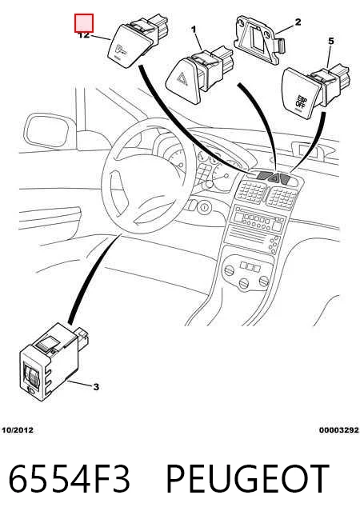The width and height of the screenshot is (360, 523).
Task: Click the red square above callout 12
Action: coord(84,23)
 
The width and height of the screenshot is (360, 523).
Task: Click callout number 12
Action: coord(84,35)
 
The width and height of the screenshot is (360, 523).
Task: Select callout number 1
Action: coord(194,30)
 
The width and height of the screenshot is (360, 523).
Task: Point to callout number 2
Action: coord(298,22)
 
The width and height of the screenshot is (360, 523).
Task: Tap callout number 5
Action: coord(330,42)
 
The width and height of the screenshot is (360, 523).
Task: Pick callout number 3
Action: coord(96,387)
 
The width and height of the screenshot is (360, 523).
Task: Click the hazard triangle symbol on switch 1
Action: coord(182,79)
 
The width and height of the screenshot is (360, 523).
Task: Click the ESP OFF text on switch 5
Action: coord(301,101)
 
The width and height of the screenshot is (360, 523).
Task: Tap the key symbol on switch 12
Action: coord(121,50)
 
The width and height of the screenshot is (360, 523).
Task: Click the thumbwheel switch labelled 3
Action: coord(54,362)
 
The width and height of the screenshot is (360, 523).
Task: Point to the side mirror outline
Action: coord(50,131)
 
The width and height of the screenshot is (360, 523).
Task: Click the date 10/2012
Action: coord(18,430)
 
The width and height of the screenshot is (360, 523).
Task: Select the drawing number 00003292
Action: coord(338,430)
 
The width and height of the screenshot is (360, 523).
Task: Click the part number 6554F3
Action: coord(69,479)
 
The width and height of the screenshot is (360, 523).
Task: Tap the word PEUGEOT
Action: coord(247,479)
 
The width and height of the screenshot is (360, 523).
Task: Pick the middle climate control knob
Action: coord(244,283)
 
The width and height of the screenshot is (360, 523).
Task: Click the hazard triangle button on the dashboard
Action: coord(274,178)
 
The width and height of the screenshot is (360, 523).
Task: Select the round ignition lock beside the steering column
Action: coord(203,207)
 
